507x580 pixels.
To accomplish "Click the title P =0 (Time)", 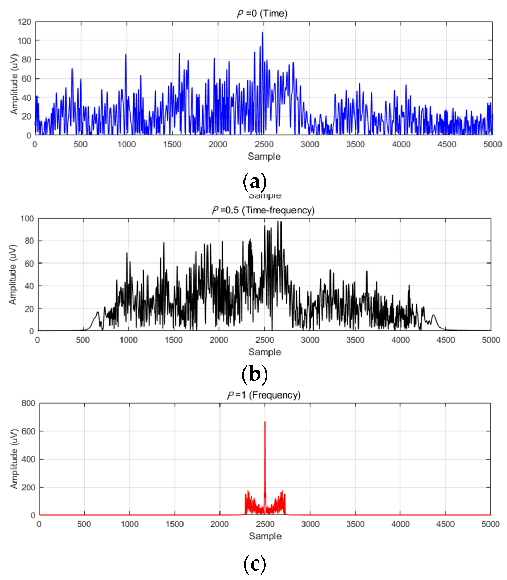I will tap(262, 13).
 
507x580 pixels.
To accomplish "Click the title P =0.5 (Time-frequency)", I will tap(263, 210).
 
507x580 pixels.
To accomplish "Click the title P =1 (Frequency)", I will tap(264, 395).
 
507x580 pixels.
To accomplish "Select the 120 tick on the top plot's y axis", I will tap(24, 22).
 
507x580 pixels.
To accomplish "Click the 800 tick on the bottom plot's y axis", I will tap(28, 403).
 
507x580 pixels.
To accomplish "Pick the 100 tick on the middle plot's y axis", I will tap(27, 218).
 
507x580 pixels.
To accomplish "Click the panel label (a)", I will tap(255, 181).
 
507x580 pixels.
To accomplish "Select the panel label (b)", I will tap(255, 374).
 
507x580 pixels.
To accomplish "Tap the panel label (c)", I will tap(255, 564).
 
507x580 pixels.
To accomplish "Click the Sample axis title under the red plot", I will tap(265, 536).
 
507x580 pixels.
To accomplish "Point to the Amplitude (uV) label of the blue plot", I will tap(14, 84).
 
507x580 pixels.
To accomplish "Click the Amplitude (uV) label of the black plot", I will tap(13, 274).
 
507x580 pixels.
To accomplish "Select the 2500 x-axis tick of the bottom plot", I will tap(265, 524).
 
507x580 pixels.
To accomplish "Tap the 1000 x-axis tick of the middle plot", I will tap(128, 340).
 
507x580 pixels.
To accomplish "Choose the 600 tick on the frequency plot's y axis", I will tap(28, 431).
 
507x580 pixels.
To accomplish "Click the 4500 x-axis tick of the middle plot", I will tap(445, 340).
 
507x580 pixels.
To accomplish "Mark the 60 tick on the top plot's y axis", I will tap(26, 78).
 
